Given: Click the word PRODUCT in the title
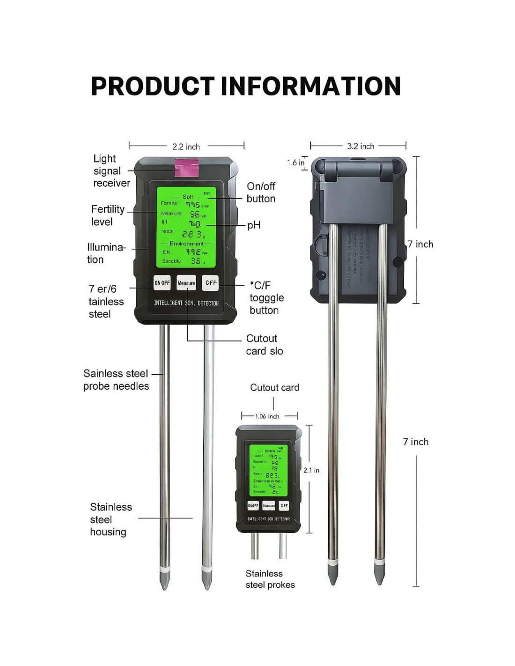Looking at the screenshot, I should click(x=153, y=86).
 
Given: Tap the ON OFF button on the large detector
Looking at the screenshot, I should click(x=162, y=283).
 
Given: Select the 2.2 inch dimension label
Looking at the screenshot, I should click(x=186, y=147).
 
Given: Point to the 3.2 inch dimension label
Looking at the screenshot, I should click(x=360, y=146).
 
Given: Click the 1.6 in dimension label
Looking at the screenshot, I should click(x=295, y=163).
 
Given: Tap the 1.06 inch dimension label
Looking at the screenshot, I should click(x=267, y=416).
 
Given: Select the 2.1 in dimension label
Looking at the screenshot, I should click(x=311, y=470).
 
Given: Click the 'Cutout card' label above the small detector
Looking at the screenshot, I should click(x=274, y=387).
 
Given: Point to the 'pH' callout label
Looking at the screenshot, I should click(x=254, y=225).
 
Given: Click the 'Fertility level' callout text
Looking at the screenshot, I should click(x=108, y=215).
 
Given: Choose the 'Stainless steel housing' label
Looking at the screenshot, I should click(x=110, y=519).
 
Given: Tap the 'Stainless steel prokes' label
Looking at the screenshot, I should click(x=270, y=579).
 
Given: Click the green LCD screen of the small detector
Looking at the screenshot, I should click(x=268, y=470).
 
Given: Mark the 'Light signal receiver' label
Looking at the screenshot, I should click(x=111, y=171).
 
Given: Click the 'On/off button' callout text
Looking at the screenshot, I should click(x=261, y=192).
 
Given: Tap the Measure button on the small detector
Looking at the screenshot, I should click(x=269, y=506).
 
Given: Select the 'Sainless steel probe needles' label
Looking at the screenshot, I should click(x=116, y=380).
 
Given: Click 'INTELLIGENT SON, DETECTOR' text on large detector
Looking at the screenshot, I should click(x=186, y=303).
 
